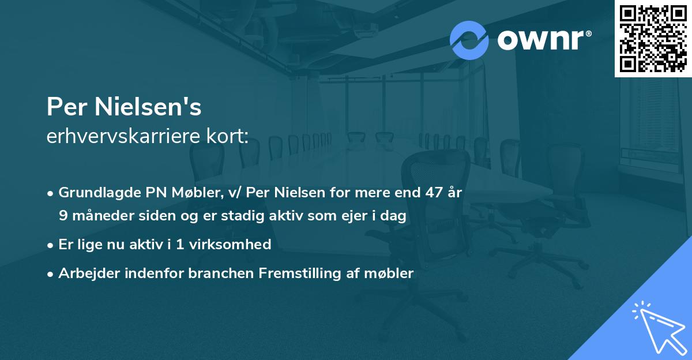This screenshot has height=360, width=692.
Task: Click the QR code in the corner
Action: (653, 39)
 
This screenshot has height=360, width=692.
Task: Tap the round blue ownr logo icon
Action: (469, 40)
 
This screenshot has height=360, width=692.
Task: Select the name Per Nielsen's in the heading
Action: (123, 107)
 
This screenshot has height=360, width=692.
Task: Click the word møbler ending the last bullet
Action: (392, 273)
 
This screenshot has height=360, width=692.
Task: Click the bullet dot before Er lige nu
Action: (51, 245)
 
